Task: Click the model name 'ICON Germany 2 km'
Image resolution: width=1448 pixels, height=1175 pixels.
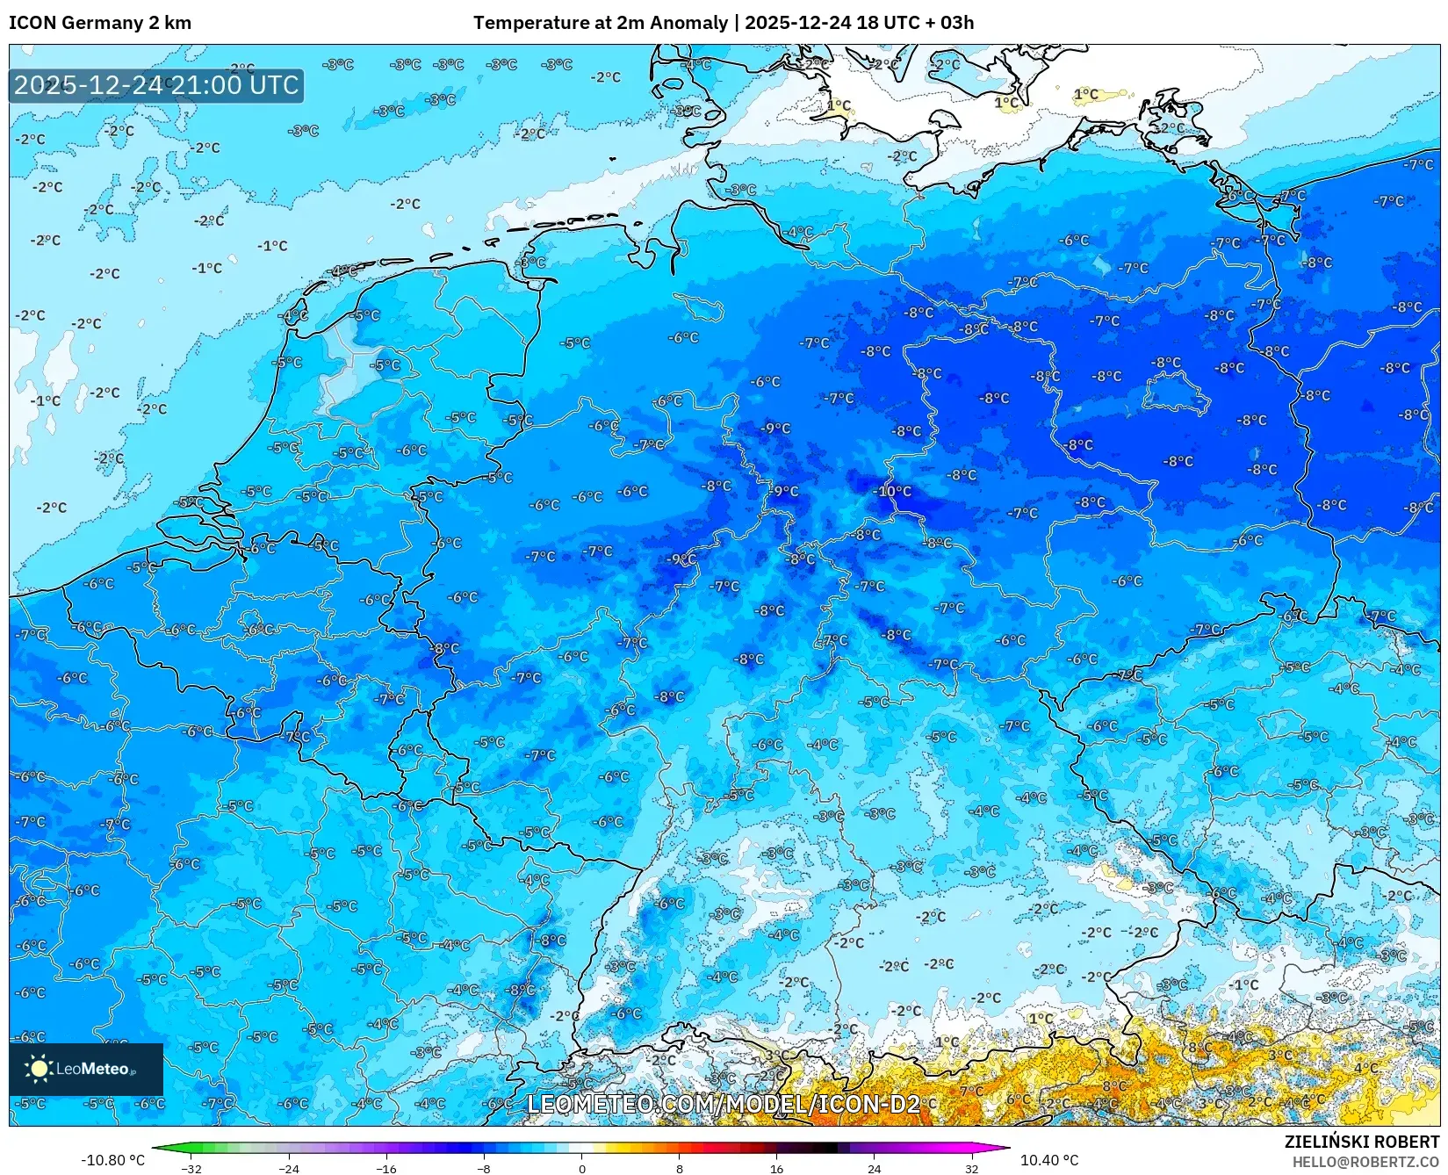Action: click(100, 23)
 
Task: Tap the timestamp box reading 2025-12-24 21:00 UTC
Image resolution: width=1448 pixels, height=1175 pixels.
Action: click(156, 85)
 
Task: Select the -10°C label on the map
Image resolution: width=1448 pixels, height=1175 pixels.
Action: click(895, 491)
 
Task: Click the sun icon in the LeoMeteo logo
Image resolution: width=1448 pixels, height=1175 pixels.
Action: click(39, 1069)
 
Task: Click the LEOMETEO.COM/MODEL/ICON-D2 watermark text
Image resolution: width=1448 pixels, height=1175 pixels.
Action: click(724, 1104)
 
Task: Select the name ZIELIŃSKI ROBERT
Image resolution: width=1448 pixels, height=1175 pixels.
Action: click(1362, 1142)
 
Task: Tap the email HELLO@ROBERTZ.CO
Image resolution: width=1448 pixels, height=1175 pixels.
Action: click(1365, 1162)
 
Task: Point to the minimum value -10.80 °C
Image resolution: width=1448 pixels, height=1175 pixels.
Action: click(112, 1160)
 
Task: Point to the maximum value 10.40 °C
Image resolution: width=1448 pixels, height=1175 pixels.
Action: click(1049, 1160)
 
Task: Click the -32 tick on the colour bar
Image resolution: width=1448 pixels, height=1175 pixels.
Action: click(191, 1168)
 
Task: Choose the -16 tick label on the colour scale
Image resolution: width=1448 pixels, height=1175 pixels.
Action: click(386, 1168)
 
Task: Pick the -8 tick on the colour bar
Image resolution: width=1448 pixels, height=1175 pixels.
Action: click(484, 1168)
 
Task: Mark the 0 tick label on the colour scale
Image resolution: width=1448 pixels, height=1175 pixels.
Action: click(581, 1168)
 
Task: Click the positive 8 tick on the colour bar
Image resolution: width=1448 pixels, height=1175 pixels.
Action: click(679, 1168)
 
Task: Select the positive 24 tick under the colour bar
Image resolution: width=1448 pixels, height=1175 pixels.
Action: click(874, 1168)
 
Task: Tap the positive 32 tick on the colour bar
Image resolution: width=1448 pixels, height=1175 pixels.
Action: click(971, 1168)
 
